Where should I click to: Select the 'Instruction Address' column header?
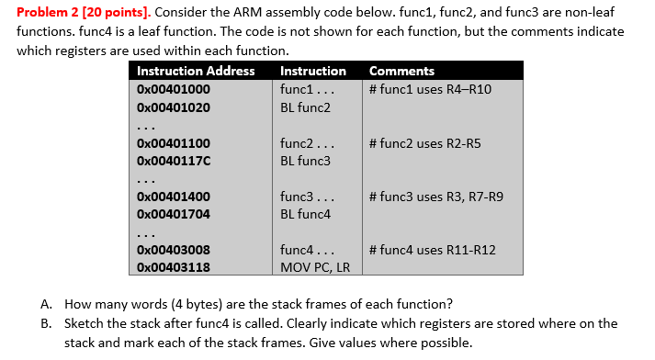tap(196, 71)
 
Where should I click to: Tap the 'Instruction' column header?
tap(312, 71)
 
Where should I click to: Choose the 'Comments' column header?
tap(401, 71)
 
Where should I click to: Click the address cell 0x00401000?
tap(173, 89)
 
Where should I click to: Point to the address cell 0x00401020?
tap(173, 107)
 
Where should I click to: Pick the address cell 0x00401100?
tap(173, 143)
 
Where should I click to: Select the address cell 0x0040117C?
tap(173, 161)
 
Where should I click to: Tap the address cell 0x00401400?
tap(173, 197)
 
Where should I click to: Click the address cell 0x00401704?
tap(173, 214)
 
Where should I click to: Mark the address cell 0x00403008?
tap(173, 250)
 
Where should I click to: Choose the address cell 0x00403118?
tap(173, 267)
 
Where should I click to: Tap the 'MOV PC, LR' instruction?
tap(315, 267)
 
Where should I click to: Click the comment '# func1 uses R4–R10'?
tap(429, 89)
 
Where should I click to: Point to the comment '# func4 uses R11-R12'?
tap(431, 250)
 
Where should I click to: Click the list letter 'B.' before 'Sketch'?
tap(46, 323)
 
